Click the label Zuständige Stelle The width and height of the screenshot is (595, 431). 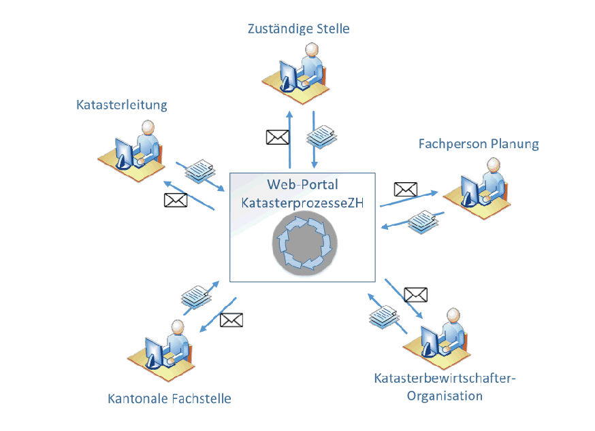(x=298, y=29)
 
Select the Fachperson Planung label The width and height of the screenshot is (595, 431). (x=479, y=143)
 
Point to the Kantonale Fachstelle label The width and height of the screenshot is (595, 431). (x=170, y=398)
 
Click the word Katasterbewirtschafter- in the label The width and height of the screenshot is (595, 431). (x=445, y=379)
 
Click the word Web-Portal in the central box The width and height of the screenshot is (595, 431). (x=302, y=185)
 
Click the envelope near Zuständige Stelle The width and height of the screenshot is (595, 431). (x=277, y=137)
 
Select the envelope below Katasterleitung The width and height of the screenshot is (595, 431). (x=176, y=201)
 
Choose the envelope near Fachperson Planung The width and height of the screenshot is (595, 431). (x=406, y=190)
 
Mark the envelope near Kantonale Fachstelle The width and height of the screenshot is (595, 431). (x=231, y=320)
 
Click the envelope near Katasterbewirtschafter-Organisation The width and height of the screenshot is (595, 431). (x=415, y=294)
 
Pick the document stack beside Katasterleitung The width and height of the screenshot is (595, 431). (x=200, y=170)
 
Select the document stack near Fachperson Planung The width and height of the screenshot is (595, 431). (x=422, y=222)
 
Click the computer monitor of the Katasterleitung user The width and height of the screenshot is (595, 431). (x=125, y=153)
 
